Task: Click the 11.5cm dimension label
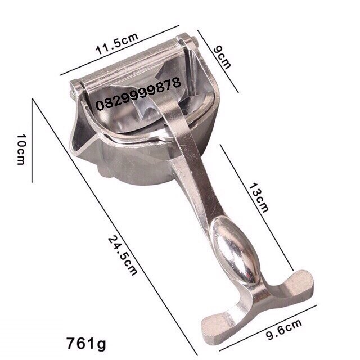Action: pos(117,44)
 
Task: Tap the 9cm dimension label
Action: pos(222,57)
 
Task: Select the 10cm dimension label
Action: pos(20,150)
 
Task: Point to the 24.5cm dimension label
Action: pos(123,255)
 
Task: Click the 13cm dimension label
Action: pos(259,198)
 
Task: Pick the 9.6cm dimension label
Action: pos(284,330)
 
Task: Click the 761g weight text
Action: pos(86,344)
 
